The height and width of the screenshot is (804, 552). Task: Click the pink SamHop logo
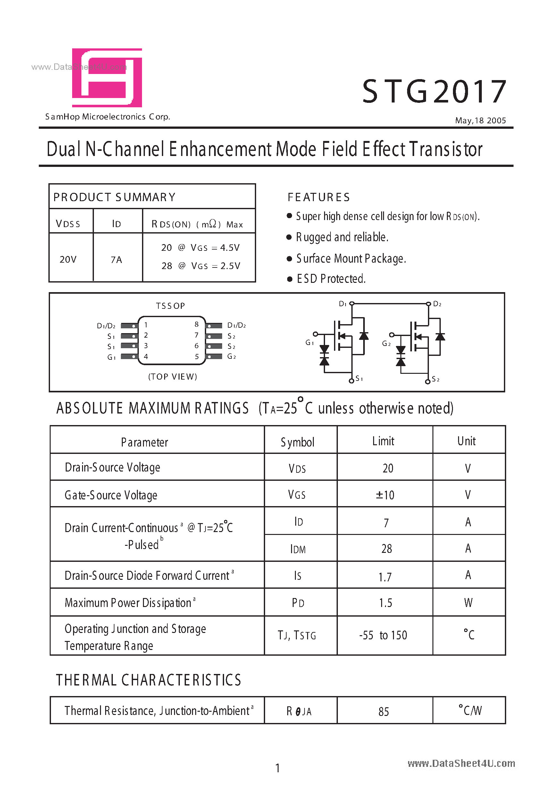click(107, 78)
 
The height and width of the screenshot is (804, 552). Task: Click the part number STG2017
click(434, 92)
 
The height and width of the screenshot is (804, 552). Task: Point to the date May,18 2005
click(480, 121)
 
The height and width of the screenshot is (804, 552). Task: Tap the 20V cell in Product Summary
click(68, 259)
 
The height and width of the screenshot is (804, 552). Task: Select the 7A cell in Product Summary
click(116, 259)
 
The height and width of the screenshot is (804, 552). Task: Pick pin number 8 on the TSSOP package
click(197, 324)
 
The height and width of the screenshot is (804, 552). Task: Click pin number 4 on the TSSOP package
click(146, 356)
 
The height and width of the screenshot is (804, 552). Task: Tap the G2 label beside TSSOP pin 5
click(231, 356)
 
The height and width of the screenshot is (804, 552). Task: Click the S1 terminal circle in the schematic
click(352, 381)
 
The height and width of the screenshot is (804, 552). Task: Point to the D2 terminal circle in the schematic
click(428, 304)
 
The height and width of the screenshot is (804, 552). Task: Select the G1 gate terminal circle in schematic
click(315, 334)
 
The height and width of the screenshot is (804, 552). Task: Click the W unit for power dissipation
click(468, 603)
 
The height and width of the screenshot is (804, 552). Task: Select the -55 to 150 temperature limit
click(383, 635)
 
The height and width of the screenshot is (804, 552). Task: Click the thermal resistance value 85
click(384, 712)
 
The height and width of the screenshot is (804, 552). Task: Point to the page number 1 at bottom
click(277, 768)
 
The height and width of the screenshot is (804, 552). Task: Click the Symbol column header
click(297, 442)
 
